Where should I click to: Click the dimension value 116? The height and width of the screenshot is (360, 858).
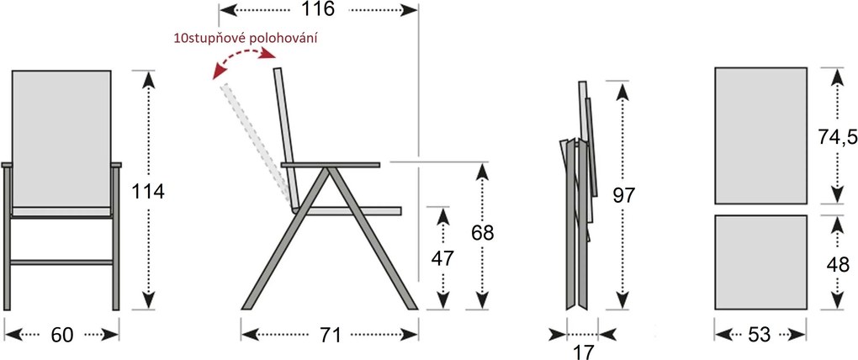pyautogui.click(x=319, y=9)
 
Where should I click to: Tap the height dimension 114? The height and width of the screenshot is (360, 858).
pyautogui.click(x=148, y=191)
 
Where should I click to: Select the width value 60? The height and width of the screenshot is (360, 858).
pyautogui.click(x=61, y=334)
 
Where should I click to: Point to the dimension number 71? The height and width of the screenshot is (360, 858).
pyautogui.click(x=330, y=334)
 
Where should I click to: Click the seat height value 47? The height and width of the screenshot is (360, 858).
pyautogui.click(x=443, y=258)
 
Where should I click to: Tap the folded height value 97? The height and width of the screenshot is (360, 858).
pyautogui.click(x=623, y=195)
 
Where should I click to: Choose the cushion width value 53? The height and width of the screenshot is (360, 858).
pyautogui.click(x=760, y=334)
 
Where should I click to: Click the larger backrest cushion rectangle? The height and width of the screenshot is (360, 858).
pyautogui.click(x=760, y=135)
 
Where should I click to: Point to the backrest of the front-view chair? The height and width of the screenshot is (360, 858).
pyautogui.click(x=61, y=139)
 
